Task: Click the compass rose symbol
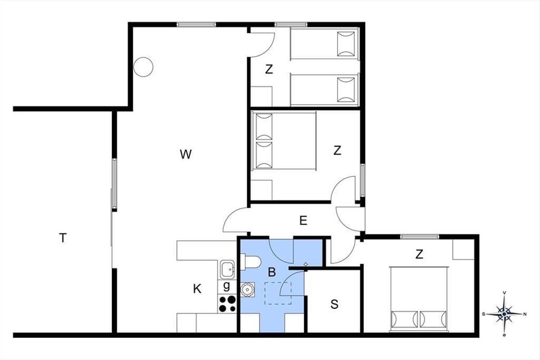coord(504,314)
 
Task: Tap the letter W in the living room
coord(185,154)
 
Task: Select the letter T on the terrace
coord(63,238)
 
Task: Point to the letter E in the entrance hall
coord(303,220)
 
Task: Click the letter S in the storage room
coord(334,304)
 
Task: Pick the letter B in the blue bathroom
coord(272,272)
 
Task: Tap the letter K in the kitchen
coord(197,288)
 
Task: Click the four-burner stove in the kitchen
coord(227,304)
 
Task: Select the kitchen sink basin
coord(227,269)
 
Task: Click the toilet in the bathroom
coord(251,262)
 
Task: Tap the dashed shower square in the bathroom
coord(278,293)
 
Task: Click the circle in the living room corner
coord(143,67)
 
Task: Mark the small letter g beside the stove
coord(226,286)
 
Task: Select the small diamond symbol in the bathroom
coord(306,264)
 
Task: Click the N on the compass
coord(525,314)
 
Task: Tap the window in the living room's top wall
coord(196,24)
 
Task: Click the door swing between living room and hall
coord(235,220)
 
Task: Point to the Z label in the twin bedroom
coord(269,69)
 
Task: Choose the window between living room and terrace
coord(114,184)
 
